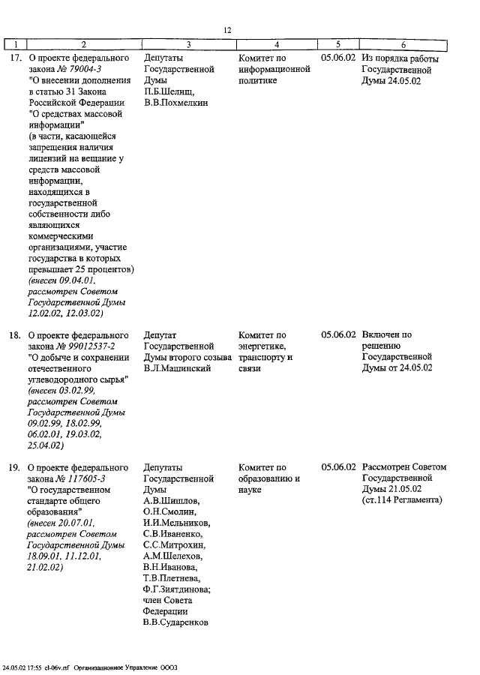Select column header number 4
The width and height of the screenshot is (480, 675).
click(x=277, y=44)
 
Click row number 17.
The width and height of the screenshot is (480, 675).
click(x=14, y=58)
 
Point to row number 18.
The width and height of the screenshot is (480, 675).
click(x=14, y=334)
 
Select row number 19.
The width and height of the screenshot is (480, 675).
click(x=14, y=467)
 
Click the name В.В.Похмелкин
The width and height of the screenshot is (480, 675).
click(x=175, y=103)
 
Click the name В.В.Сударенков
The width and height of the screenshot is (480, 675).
click(x=175, y=622)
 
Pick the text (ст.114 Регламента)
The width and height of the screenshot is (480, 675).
click(x=402, y=500)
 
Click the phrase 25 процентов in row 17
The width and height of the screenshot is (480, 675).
click(x=100, y=268)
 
